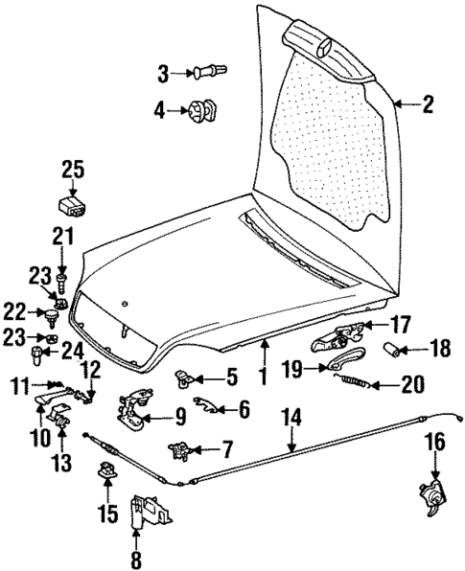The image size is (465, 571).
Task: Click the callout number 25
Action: [x=73, y=170]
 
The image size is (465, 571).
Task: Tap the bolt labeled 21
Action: [x=62, y=281]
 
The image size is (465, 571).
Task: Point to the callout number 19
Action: [x=293, y=366]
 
